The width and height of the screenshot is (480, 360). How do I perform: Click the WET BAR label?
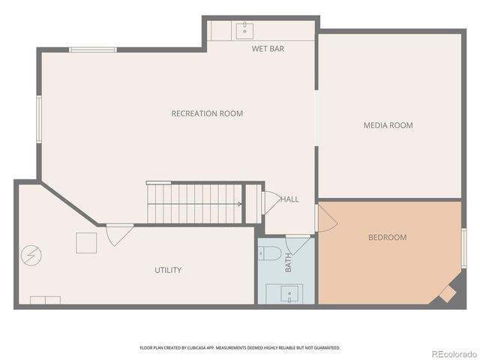click(x=268, y=49)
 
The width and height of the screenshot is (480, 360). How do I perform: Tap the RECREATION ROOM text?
click(x=207, y=114)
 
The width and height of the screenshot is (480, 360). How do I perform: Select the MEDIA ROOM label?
click(x=388, y=125)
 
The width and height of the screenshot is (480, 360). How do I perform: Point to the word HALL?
click(x=289, y=199)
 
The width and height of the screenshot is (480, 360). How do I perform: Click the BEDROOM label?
click(x=387, y=238)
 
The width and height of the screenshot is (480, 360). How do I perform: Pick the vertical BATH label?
click(x=288, y=262)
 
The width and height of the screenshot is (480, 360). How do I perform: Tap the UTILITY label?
click(x=168, y=270)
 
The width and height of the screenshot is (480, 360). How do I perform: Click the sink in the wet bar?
click(x=244, y=31)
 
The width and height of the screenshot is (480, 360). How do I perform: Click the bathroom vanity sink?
click(x=292, y=293)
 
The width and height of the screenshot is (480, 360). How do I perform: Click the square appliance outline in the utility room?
click(x=86, y=243)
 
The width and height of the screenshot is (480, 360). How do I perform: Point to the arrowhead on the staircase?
click(x=239, y=203)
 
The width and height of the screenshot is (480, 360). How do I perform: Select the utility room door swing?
click(x=118, y=235)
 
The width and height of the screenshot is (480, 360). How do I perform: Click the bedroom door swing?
click(x=326, y=218)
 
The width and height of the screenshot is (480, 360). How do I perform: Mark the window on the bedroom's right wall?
click(x=463, y=248)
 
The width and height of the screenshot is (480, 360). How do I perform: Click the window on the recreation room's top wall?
click(x=93, y=49)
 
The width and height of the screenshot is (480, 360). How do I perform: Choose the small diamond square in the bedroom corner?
click(x=447, y=294)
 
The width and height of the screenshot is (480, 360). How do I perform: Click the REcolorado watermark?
click(x=452, y=353)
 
